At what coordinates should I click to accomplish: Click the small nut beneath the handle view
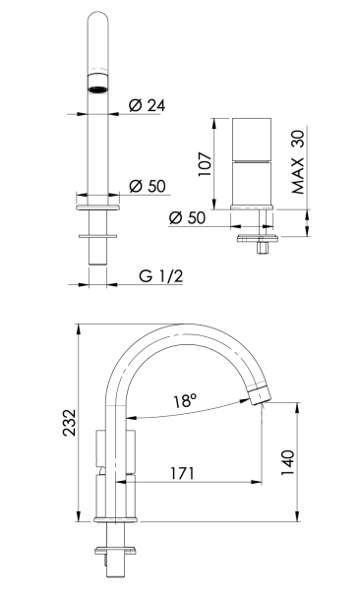pyautogui.click(x=262, y=247)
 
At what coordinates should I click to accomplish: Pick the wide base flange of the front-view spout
pyautogui.click(x=97, y=206)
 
